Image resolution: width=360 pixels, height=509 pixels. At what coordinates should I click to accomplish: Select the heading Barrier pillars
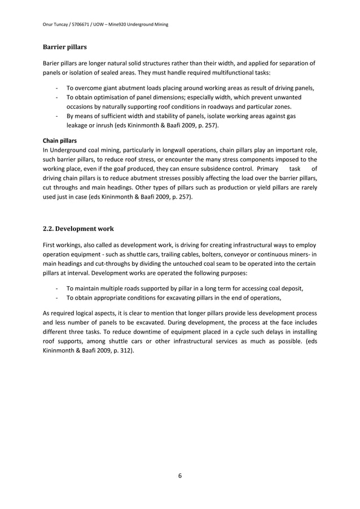click(65, 47)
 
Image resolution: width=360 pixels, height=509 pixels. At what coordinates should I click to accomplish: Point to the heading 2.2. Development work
click(78, 229)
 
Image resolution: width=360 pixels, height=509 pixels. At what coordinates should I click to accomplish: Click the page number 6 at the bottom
click(179, 476)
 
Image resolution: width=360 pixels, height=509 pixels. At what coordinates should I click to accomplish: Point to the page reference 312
click(125, 350)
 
